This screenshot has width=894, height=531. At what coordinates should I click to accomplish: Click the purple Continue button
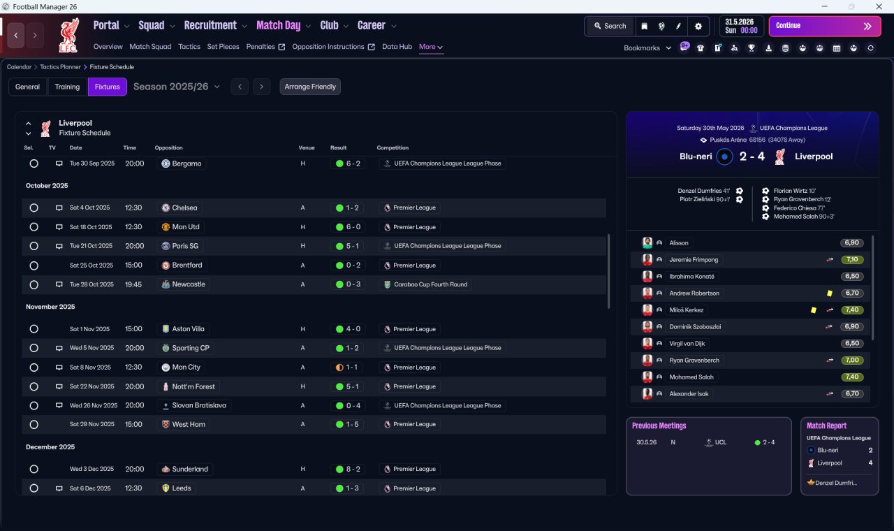(x=825, y=26)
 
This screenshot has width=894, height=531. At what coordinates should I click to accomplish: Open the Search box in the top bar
(x=610, y=26)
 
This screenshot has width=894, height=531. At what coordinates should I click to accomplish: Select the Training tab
(x=67, y=87)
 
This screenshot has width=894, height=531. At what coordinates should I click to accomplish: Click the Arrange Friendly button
(x=310, y=87)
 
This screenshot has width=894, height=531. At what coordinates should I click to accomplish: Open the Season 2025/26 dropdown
(x=177, y=87)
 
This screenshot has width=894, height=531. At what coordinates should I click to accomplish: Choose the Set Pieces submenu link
(x=223, y=47)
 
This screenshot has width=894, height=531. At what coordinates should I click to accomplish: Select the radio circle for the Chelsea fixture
(x=34, y=208)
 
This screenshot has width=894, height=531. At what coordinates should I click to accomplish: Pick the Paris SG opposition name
(x=185, y=246)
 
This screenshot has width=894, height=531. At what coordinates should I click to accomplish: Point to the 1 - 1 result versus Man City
(x=346, y=368)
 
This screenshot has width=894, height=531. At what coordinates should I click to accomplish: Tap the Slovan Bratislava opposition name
(x=199, y=405)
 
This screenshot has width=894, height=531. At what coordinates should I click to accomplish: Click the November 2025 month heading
(x=50, y=307)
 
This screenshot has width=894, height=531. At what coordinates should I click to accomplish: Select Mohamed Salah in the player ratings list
(x=691, y=377)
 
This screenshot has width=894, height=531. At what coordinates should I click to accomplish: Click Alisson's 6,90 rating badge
(x=851, y=242)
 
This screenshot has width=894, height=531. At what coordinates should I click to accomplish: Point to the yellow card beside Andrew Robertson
(x=830, y=293)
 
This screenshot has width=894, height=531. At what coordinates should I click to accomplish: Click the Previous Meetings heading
(x=659, y=425)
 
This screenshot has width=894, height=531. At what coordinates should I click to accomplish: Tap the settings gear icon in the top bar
(x=698, y=27)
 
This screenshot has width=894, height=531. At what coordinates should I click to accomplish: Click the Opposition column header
(x=168, y=147)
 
